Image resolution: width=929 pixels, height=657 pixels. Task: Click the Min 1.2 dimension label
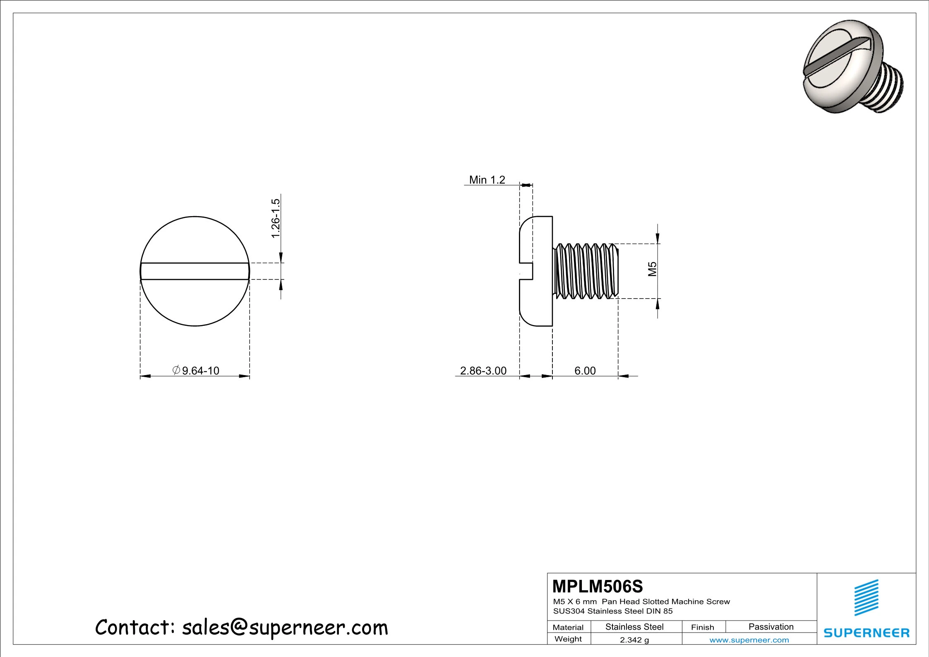click(x=487, y=180)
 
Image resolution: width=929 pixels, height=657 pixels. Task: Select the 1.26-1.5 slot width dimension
click(x=276, y=218)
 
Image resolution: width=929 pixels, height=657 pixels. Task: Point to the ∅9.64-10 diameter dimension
click(x=196, y=371)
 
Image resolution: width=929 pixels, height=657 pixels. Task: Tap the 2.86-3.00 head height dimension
click(x=483, y=371)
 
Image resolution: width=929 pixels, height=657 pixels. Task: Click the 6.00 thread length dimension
click(x=585, y=371)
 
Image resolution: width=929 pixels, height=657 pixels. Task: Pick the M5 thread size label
click(x=652, y=269)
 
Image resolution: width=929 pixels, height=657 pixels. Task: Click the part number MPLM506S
click(x=598, y=587)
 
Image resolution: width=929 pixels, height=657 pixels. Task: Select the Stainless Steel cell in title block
click(x=634, y=627)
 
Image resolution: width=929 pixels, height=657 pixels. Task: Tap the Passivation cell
click(x=771, y=627)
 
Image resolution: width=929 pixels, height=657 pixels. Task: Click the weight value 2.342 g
click(x=634, y=640)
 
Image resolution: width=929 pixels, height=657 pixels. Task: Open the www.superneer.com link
click(x=749, y=640)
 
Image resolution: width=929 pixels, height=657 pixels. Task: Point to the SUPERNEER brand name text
click(x=867, y=633)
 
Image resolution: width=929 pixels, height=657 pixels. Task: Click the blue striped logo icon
click(x=867, y=597)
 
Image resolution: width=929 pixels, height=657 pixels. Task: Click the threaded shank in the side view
click(x=586, y=271)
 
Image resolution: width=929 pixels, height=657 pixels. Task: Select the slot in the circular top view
click(x=194, y=271)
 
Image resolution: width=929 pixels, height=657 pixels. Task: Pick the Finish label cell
click(x=702, y=627)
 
